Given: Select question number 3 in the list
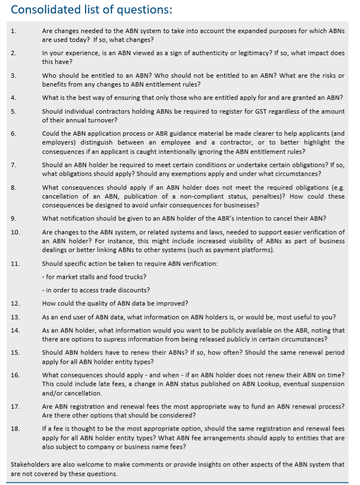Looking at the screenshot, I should point(13,75).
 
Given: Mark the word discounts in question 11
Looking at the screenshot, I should point(134,290).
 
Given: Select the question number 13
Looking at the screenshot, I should point(15,317).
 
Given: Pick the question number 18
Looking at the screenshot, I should point(15,428).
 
